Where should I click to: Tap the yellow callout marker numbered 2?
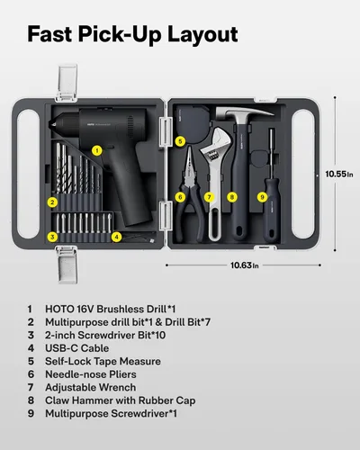[x=53, y=202]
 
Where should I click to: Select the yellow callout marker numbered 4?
[x=116, y=237]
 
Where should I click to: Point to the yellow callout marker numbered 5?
[x=180, y=141]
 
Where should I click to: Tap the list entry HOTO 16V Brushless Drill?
[x=113, y=308]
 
